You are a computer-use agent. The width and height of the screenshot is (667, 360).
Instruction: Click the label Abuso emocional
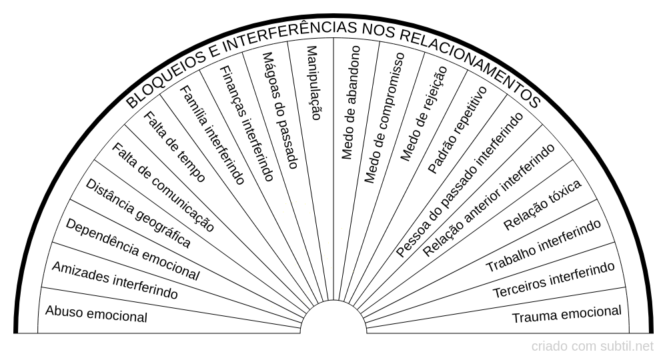coord(96,314)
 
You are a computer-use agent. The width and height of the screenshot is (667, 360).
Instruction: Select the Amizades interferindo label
coord(115,280)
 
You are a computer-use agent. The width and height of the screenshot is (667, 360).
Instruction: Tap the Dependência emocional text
coord(132,249)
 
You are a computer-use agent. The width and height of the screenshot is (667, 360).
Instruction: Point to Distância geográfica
coord(138,213)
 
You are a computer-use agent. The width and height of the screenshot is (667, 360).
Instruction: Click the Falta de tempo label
coord(174,147)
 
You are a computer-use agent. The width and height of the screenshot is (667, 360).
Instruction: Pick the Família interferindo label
coord(212,135)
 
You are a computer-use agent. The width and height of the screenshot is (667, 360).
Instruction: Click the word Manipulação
coord(313,83)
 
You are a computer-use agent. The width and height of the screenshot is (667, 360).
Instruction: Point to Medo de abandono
coord(351,103)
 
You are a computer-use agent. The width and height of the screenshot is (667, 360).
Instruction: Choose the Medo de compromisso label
coord(384,118)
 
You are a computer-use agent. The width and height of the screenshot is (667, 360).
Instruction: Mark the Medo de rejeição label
coord(424,113)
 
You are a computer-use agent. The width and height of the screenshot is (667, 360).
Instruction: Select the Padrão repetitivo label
coord(458,129)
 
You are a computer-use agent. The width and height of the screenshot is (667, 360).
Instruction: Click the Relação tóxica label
coord(542,205)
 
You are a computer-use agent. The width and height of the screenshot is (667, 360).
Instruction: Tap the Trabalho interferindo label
coord(544,246)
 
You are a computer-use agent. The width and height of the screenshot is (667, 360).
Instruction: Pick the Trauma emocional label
coord(566,315)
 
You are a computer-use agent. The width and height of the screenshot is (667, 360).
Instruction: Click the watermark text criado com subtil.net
coord(592,347)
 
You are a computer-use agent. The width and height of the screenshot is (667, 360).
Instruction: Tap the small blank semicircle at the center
coord(333,317)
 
